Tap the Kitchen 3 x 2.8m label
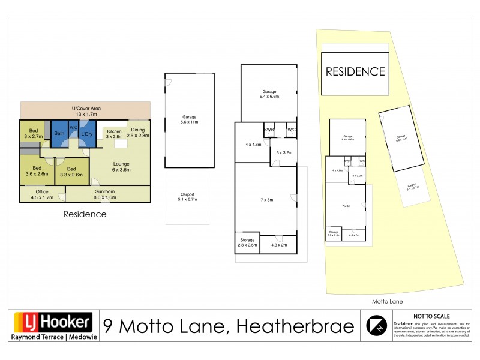(x=114, y=134)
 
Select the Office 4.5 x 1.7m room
(x=41, y=194)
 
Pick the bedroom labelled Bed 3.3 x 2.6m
(x=71, y=172)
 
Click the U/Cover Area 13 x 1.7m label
(x=85, y=110)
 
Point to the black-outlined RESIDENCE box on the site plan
(x=355, y=72)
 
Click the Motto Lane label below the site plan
(x=387, y=301)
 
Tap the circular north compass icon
(x=376, y=326)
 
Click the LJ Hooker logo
(x=52, y=323)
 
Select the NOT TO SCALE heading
(x=431, y=316)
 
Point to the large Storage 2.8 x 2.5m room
(x=247, y=242)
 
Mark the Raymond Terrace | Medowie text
(x=52, y=337)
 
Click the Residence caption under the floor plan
(x=85, y=214)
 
